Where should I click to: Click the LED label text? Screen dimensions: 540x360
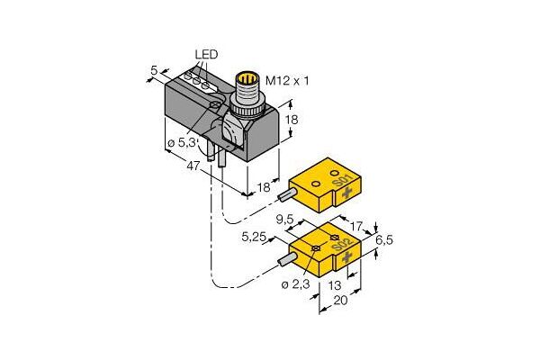(x=206, y=54)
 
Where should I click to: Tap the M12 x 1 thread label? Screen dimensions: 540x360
(x=287, y=81)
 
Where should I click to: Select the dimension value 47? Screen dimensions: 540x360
(x=193, y=166)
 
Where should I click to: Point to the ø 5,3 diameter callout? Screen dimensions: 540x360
(x=181, y=142)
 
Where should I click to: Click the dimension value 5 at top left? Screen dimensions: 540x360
(x=154, y=70)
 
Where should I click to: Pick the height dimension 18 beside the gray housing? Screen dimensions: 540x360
(x=292, y=120)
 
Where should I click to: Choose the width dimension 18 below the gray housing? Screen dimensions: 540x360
(x=264, y=187)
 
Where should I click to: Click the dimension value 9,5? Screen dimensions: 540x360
(x=284, y=219)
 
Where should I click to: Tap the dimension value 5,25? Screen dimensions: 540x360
(x=254, y=237)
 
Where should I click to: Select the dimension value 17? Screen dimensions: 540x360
(x=356, y=226)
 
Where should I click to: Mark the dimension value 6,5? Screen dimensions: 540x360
(x=384, y=240)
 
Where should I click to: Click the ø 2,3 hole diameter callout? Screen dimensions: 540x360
(x=295, y=285)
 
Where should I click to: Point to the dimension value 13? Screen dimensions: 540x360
(x=335, y=285)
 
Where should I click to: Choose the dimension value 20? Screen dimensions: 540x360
(x=341, y=301)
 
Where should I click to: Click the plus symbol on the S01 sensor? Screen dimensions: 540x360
(x=347, y=194)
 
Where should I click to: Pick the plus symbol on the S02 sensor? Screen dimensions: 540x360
(x=347, y=256)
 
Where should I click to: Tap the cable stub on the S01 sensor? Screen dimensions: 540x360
(x=286, y=195)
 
